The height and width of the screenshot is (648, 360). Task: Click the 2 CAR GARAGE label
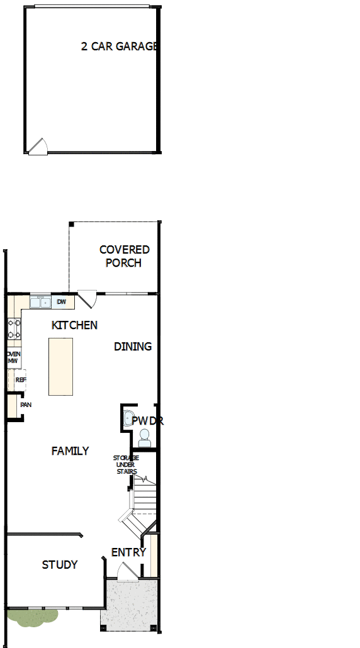click(x=118, y=47)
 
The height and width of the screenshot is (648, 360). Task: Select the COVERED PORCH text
click(x=124, y=257)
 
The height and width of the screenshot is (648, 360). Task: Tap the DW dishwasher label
click(x=61, y=303)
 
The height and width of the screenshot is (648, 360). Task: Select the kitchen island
click(x=60, y=366)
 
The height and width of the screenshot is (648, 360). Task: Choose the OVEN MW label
click(x=13, y=357)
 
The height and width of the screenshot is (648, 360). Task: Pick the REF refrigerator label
click(x=20, y=380)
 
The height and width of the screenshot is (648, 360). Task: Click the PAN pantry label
click(x=26, y=405)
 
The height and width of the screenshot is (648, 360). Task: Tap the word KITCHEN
click(x=74, y=325)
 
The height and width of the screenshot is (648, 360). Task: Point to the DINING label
click(x=133, y=347)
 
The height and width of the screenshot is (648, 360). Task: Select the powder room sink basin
click(x=128, y=418)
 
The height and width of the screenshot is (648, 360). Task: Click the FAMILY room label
click(x=70, y=451)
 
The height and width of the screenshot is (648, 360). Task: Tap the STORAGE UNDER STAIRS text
click(x=125, y=464)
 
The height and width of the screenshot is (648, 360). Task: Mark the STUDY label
click(x=60, y=565)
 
